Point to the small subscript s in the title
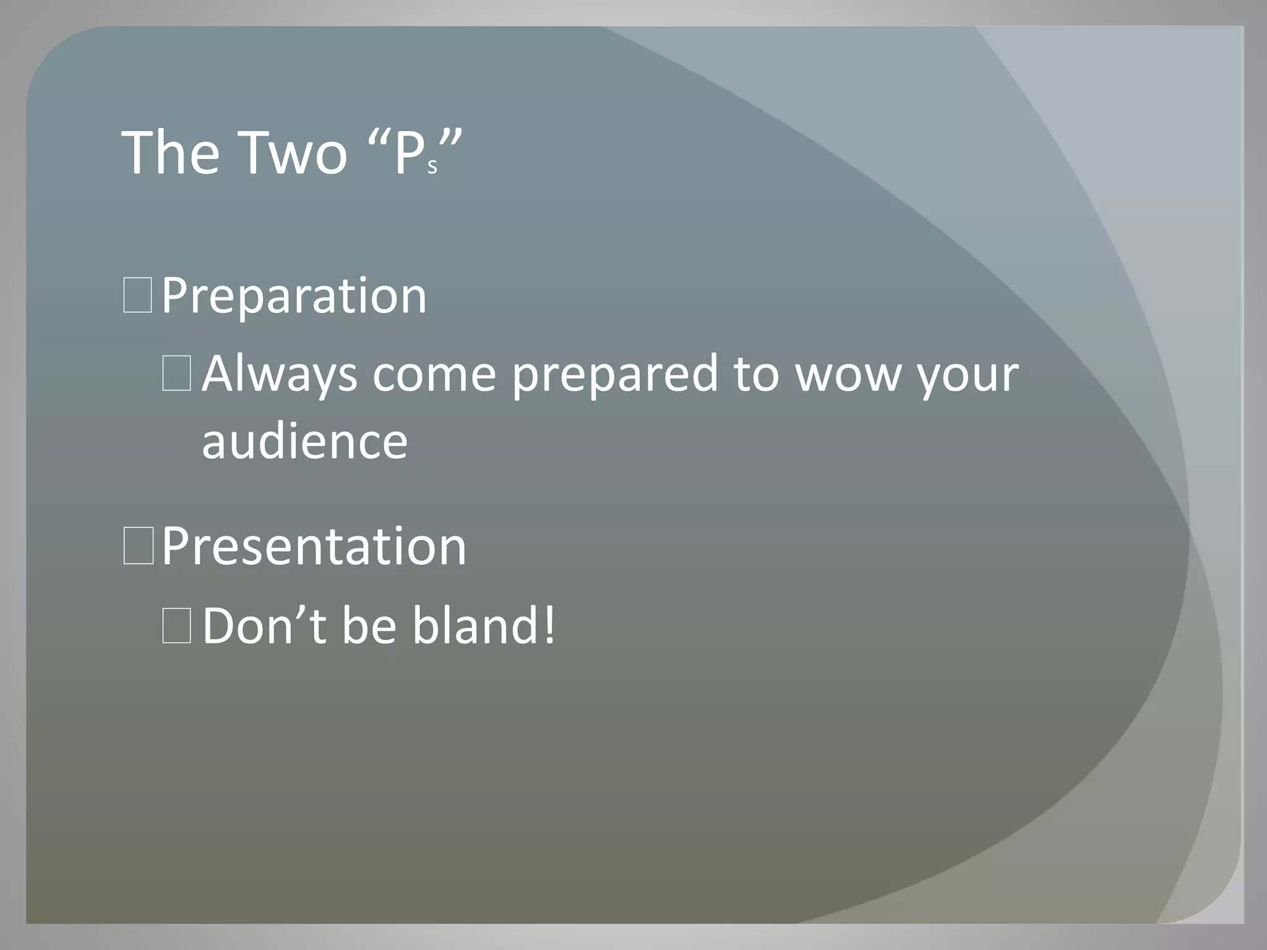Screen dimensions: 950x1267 (x=432, y=166)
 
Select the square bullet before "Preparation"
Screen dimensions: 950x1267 (x=137, y=296)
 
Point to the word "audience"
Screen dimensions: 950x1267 (x=304, y=441)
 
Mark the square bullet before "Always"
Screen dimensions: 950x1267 (x=176, y=375)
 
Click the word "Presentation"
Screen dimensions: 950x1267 (x=314, y=547)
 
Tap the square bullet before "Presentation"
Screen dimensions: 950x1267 (x=137, y=546)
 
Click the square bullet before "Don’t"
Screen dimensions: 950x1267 (x=176, y=626)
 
